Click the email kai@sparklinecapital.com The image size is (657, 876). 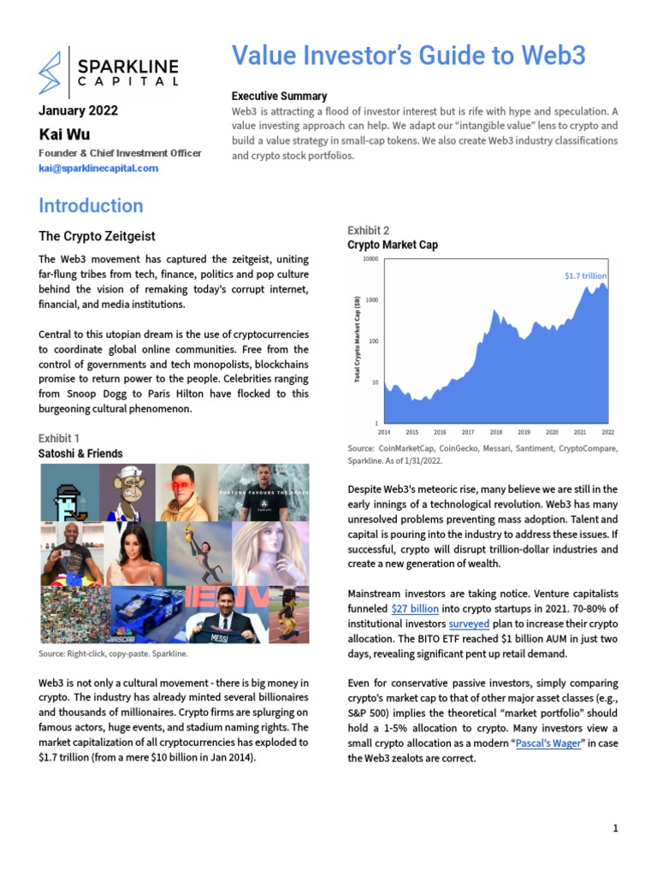coord(98,169)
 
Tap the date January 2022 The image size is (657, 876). coord(79,110)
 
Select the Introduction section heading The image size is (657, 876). coord(91,206)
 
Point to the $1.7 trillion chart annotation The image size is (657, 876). coord(585,276)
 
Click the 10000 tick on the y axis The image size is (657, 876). coord(370,259)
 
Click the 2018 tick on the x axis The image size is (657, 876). coord(495,433)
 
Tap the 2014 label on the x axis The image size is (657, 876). coord(384,433)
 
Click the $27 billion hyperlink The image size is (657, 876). coord(415,609)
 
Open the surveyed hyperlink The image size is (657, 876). coord(469,624)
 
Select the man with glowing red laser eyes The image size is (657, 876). coord(186,492)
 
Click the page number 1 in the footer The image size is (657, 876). coord(615,828)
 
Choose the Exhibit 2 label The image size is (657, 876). coord(368,230)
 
